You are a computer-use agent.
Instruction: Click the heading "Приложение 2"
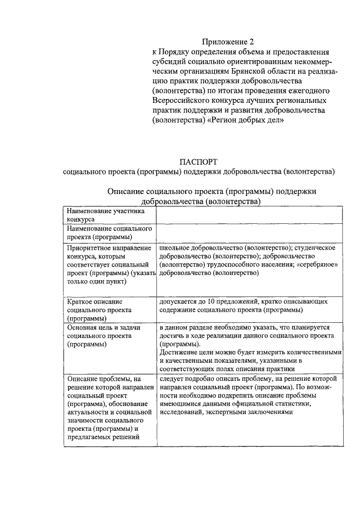pos(228,42)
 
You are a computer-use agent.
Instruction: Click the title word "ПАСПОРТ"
pos(199,162)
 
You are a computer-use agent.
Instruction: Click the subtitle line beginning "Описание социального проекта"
pos(211,191)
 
